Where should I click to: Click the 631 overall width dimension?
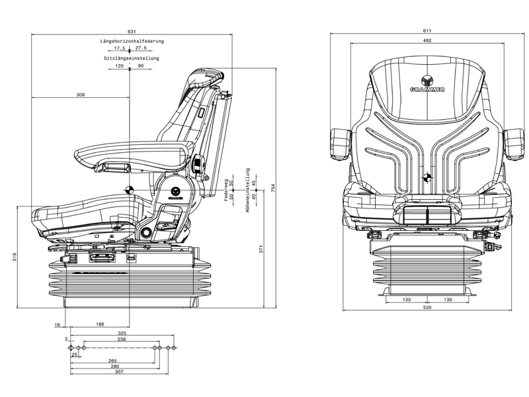pos(132,32)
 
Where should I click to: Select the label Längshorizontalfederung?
pos(132,41)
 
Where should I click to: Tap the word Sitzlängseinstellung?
pos(132,58)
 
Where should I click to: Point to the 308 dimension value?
pos(81,95)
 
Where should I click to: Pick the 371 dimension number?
pos(261,249)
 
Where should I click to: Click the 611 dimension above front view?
pos(428,32)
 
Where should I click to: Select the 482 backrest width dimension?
pos(428,41)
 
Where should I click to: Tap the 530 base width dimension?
pos(428,308)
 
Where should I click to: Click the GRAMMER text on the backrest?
pos(427,90)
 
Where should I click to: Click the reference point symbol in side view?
pos(130,189)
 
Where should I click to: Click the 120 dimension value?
pos(119,66)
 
